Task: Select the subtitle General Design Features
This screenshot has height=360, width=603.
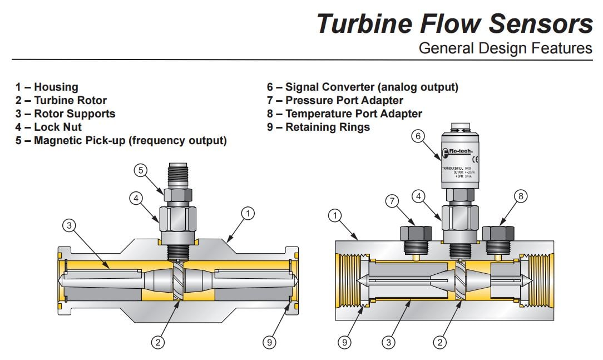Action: (505, 48)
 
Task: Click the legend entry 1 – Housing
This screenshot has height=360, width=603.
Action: (47, 87)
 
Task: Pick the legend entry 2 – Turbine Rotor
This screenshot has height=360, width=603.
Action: (61, 100)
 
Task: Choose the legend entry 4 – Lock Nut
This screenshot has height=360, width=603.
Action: (48, 127)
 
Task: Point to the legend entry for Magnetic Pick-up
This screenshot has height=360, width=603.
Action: (121, 140)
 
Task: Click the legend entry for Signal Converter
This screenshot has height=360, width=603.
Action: (363, 87)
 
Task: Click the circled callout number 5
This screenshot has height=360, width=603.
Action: (144, 170)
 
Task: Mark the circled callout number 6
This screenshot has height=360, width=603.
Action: (418, 136)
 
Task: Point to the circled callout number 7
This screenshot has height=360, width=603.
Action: (393, 200)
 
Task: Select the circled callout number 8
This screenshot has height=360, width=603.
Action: (521, 196)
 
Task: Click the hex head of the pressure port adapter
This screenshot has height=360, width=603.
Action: (417, 233)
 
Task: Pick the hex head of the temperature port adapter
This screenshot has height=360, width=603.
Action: (498, 233)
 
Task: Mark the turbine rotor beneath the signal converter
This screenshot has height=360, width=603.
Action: (461, 281)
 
